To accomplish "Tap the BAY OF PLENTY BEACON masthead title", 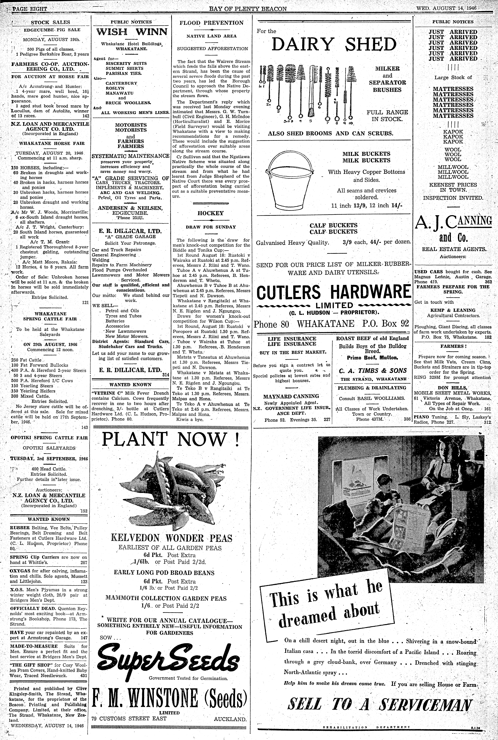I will [x=248, y=9].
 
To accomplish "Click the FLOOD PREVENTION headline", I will [x=211, y=23].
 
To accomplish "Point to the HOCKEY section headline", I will [x=211, y=213].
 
